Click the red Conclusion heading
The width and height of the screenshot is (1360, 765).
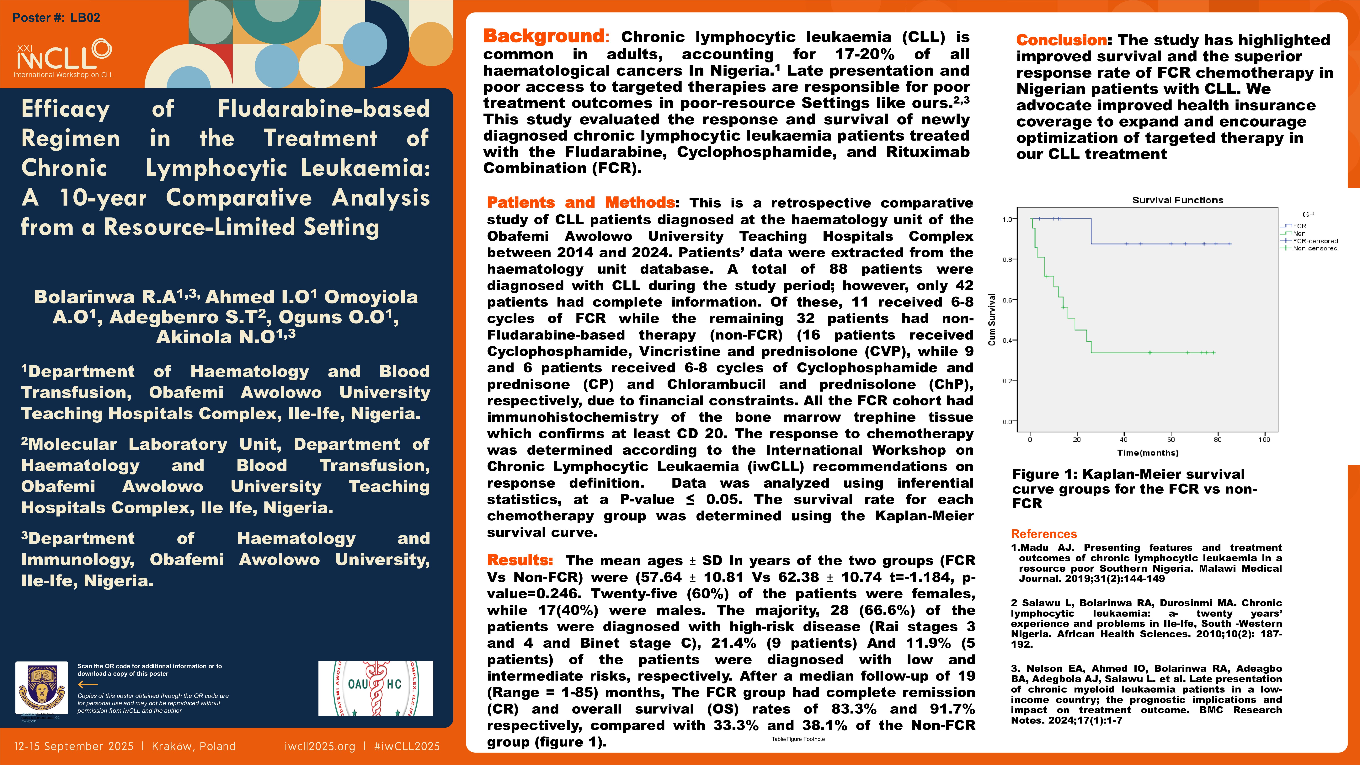(x=1061, y=40)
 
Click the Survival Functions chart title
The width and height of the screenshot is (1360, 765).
(x=1177, y=200)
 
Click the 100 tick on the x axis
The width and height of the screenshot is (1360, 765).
(x=1264, y=439)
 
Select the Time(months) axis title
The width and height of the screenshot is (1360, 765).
(x=1147, y=452)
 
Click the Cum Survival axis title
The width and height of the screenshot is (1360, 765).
(x=991, y=319)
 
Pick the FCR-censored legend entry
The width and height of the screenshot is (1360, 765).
(x=1315, y=241)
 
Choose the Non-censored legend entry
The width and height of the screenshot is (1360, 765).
(x=1315, y=248)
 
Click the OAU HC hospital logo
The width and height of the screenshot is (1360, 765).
(x=375, y=688)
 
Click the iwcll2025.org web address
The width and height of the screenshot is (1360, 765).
(x=319, y=746)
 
